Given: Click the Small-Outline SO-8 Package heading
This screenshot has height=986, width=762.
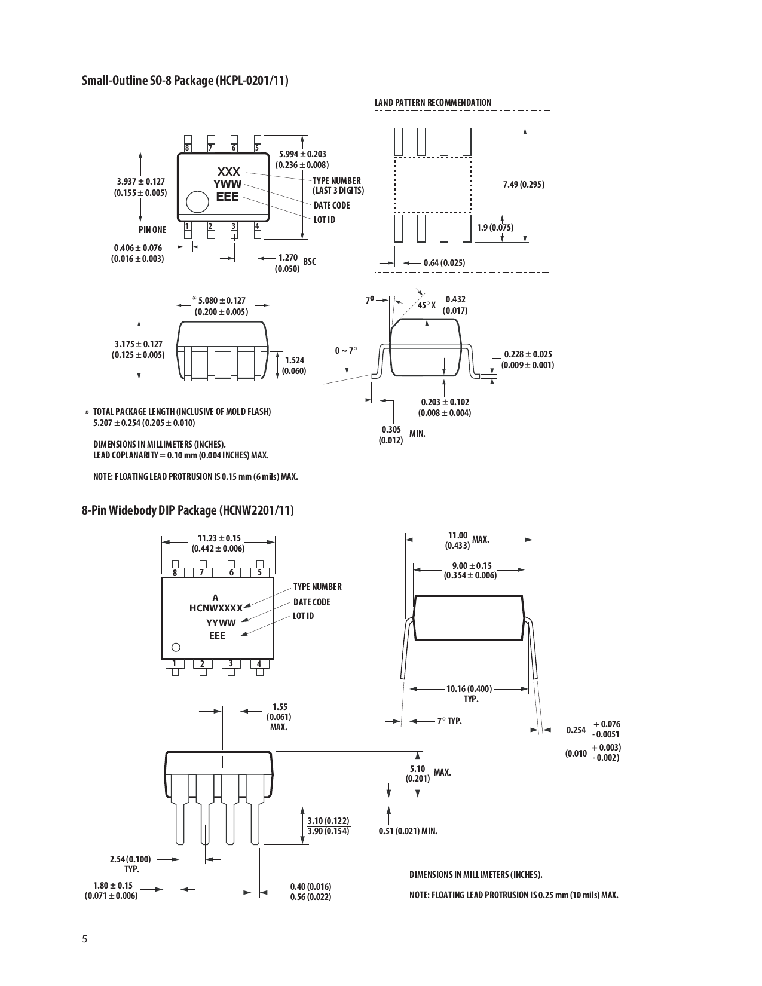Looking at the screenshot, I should [x=185, y=81].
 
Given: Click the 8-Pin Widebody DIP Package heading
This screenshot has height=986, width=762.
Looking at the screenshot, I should [x=188, y=510].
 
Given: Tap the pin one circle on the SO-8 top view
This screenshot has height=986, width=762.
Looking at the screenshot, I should [x=197, y=202].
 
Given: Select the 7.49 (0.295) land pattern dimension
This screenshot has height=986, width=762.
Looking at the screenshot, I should [x=524, y=184].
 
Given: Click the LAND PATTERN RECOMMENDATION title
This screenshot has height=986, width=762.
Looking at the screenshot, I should [x=433, y=103].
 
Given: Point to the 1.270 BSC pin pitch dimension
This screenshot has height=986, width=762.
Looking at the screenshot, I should [x=288, y=263].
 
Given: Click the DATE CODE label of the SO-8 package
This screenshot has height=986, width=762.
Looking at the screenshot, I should [x=332, y=205].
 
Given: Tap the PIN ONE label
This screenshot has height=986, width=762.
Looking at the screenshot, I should [x=152, y=229].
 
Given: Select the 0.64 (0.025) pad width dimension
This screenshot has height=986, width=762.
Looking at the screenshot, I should [x=443, y=262].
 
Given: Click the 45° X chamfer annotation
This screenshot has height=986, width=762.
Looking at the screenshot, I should [x=427, y=305].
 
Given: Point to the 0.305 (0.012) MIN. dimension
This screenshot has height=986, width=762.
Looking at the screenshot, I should [x=391, y=434].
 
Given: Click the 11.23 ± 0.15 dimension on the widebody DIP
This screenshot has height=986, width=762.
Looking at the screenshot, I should [x=219, y=543].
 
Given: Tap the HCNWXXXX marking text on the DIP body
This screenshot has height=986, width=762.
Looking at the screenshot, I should [x=216, y=608].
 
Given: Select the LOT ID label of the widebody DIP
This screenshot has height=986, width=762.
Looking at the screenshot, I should [x=303, y=616].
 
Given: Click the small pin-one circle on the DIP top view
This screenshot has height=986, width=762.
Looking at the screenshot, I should [x=176, y=647].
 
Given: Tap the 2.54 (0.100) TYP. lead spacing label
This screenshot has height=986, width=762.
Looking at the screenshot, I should [x=130, y=863].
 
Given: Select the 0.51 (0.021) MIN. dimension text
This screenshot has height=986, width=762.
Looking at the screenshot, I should [x=408, y=831].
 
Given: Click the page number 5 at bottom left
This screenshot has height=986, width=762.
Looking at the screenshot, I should [x=84, y=939].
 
